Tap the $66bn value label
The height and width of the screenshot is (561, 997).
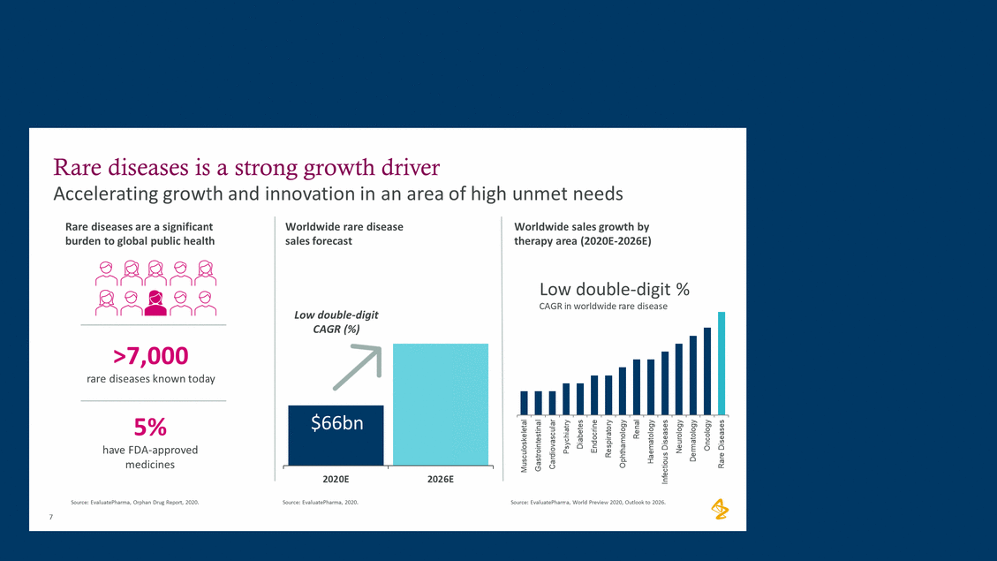[336, 423]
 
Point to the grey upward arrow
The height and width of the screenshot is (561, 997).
[355, 367]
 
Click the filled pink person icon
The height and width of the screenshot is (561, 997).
[155, 302]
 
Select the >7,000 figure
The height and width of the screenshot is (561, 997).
[151, 356]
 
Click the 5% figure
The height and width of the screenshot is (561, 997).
[150, 427]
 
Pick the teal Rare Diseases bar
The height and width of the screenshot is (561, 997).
[721, 363]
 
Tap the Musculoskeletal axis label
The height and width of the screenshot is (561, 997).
[525, 447]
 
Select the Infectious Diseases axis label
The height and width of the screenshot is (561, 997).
[665, 451]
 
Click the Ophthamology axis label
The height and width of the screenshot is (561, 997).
[623, 443]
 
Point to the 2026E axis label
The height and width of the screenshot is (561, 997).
[439, 479]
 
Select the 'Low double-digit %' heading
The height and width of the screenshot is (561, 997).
[614, 289]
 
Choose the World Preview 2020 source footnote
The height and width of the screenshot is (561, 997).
[588, 502]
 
